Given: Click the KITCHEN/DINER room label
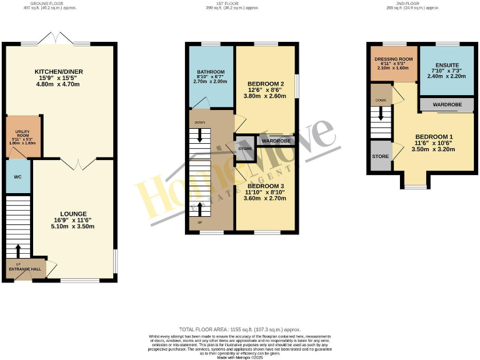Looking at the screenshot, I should (58, 72).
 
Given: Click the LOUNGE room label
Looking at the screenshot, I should (74, 214).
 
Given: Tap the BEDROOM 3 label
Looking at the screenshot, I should (265, 186).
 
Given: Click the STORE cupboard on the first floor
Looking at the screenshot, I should (244, 149).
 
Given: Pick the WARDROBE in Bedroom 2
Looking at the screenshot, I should (275, 141).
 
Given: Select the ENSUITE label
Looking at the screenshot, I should (447, 65).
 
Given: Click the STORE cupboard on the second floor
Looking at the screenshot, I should (380, 156).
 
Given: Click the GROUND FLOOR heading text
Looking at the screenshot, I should (58, 3).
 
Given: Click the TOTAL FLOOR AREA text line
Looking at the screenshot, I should (239, 329).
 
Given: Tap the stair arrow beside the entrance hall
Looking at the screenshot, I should (17, 250).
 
